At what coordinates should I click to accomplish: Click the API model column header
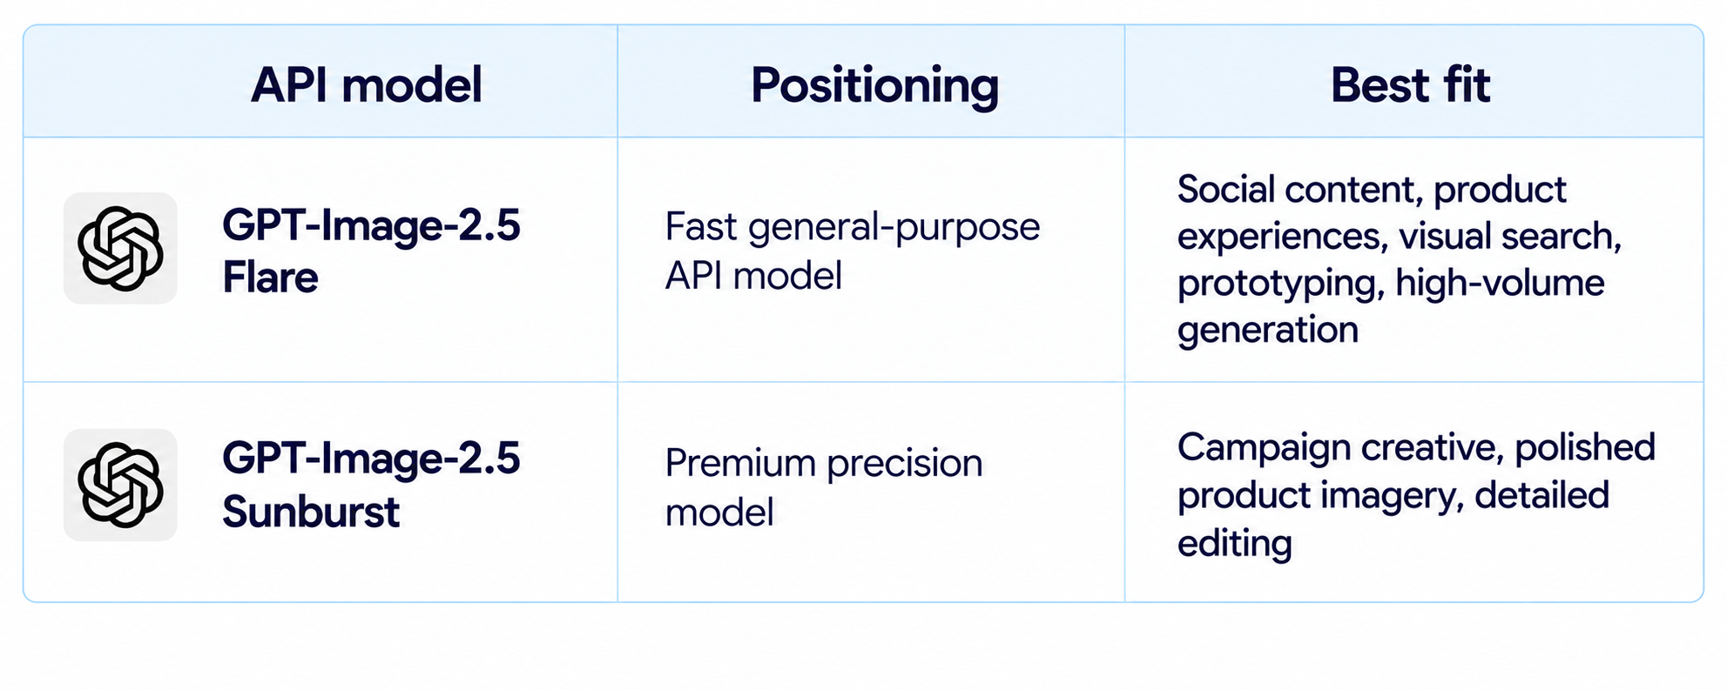tap(366, 85)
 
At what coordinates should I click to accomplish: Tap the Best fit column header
tap(1410, 85)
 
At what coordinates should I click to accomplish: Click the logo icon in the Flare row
tap(120, 248)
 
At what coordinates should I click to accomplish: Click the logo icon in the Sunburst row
tap(120, 485)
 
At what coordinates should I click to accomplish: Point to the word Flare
tap(270, 278)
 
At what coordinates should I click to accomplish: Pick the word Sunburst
tap(311, 512)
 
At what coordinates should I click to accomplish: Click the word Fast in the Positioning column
tap(701, 227)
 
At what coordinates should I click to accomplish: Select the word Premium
tap(740, 463)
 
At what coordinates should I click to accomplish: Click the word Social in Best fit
tap(1225, 190)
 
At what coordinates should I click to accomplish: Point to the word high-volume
tap(1500, 283)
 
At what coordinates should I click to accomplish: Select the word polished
tap(1585, 447)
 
